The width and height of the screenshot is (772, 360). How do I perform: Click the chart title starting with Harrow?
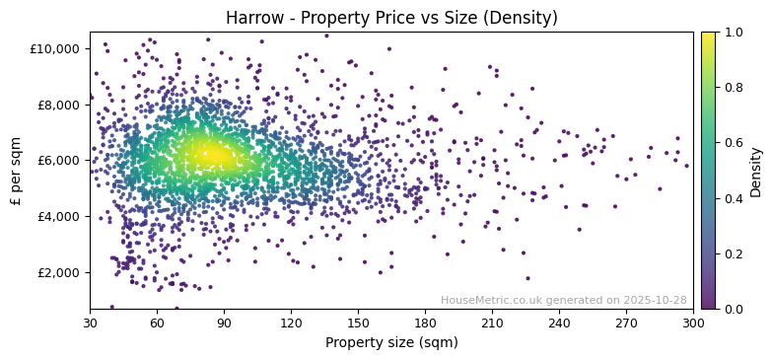tap(391, 18)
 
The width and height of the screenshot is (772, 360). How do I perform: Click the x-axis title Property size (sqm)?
tap(391, 342)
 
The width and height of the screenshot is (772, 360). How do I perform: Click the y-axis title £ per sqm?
tap(17, 170)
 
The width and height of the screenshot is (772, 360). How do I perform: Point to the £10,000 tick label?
tap(56, 48)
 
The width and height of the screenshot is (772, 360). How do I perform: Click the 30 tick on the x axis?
tap(90, 322)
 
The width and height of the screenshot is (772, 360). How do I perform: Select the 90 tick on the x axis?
tap(224, 322)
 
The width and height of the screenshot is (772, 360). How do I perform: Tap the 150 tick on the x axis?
tap(358, 322)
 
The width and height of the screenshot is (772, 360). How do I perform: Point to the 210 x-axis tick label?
tap(492, 322)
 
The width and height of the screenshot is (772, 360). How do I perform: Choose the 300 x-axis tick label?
tap(693, 322)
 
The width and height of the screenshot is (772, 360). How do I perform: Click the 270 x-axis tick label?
tap(626, 322)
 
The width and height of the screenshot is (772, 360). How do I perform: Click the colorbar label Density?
tap(756, 171)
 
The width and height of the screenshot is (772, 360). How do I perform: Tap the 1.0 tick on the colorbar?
tap(735, 33)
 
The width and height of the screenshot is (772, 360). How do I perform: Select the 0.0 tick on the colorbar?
tap(735, 309)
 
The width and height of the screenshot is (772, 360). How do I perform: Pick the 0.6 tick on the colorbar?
tap(735, 143)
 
